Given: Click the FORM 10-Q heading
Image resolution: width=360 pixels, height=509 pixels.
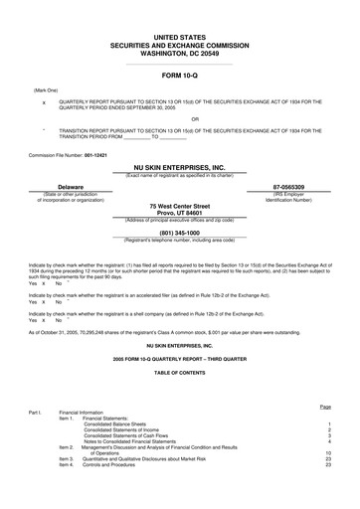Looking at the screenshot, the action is tap(179, 76).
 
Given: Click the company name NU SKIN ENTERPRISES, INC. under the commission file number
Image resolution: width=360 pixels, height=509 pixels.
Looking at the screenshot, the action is tap(179, 168).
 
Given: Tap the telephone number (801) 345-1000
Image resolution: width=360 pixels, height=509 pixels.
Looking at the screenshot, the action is tap(179, 234).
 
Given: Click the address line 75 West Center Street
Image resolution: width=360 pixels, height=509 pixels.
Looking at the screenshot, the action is tap(179, 206).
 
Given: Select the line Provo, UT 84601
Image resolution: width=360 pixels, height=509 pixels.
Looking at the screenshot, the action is tap(179, 213).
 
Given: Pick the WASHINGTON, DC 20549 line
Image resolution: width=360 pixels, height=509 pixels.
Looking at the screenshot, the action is tap(179, 53).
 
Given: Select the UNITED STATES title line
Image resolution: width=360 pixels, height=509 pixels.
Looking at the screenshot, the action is tap(179, 36).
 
